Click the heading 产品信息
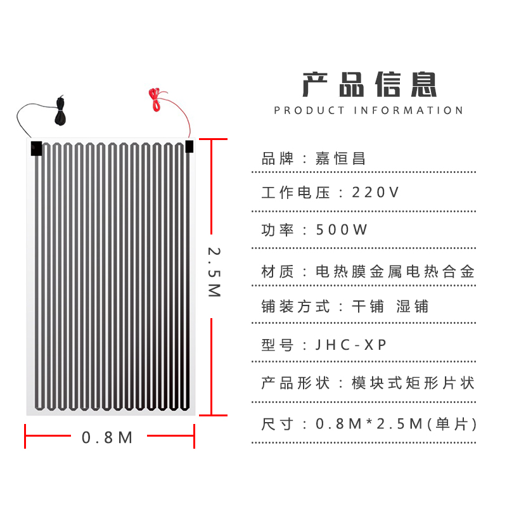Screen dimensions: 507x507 click(x=369, y=84)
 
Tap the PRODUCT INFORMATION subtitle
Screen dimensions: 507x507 click(x=369, y=110)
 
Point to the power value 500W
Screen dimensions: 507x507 click(x=342, y=230)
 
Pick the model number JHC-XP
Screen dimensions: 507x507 click(x=351, y=345)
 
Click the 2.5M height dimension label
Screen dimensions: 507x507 click(x=214, y=272)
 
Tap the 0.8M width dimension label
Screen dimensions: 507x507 click(x=108, y=437)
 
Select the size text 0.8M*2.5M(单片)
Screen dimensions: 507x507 click(x=396, y=423)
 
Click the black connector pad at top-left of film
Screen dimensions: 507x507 click(x=35, y=149)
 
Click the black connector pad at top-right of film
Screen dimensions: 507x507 click(x=189, y=146)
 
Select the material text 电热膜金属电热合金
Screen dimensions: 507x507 click(x=395, y=273)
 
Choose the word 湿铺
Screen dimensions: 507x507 click(x=412, y=307)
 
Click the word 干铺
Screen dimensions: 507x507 click(x=368, y=307)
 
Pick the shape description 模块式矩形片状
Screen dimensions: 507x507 click(x=413, y=383)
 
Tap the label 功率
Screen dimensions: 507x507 click(x=278, y=230)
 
